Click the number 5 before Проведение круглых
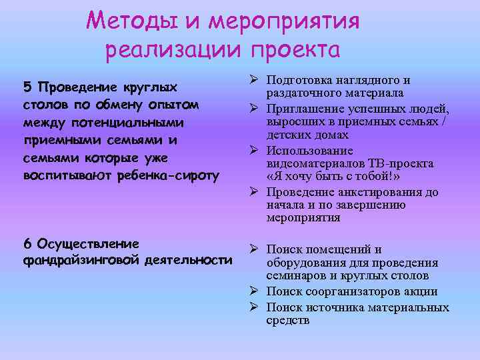[27, 87]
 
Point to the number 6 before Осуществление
[27, 243]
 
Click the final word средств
[288, 321]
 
